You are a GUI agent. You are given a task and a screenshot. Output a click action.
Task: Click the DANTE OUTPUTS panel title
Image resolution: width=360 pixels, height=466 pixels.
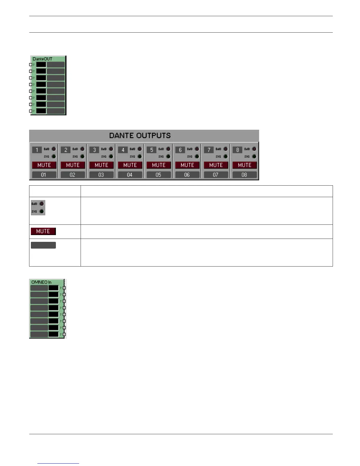click(x=140, y=136)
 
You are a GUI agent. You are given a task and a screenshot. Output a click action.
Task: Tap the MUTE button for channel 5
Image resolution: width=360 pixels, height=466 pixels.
click(x=159, y=165)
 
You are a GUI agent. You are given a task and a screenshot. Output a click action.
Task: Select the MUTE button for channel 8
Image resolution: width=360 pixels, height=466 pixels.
click(x=244, y=165)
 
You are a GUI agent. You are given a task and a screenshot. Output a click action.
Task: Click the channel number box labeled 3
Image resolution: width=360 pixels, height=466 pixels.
click(x=94, y=150)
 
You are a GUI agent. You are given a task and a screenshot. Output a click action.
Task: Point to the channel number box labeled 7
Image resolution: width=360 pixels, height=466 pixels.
click(x=209, y=150)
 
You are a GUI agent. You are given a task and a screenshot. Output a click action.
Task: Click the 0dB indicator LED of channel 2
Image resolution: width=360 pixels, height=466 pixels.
click(x=82, y=149)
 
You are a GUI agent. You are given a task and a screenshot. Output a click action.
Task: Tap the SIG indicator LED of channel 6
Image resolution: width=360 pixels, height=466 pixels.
click(x=197, y=157)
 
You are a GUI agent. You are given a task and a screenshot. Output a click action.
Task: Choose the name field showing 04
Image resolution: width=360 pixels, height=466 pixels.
click(x=130, y=175)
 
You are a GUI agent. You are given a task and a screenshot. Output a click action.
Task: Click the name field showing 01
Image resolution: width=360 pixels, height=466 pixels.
click(x=44, y=175)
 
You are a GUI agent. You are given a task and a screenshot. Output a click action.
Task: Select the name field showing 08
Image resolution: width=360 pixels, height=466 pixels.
click(x=244, y=175)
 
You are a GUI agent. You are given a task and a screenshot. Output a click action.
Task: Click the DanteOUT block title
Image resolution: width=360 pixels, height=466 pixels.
click(x=42, y=59)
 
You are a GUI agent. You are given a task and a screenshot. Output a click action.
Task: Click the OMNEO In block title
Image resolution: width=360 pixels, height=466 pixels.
click(x=41, y=282)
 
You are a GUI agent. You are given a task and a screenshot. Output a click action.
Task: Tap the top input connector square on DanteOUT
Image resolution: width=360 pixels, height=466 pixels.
click(x=31, y=65)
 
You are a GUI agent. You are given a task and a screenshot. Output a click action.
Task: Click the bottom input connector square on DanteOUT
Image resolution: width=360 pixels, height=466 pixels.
click(x=31, y=111)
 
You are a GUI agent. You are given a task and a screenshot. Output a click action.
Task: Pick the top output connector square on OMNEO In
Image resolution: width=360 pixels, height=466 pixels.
click(x=64, y=288)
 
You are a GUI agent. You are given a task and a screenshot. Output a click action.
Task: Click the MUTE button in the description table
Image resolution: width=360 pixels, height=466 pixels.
click(x=43, y=231)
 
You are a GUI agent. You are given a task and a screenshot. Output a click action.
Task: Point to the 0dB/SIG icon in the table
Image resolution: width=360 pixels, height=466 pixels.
click(x=38, y=208)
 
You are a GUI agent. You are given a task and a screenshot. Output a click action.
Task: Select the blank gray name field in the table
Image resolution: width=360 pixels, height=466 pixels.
click(x=43, y=245)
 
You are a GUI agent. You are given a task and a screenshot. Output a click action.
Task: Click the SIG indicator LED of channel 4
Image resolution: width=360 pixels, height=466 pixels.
click(x=140, y=157)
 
